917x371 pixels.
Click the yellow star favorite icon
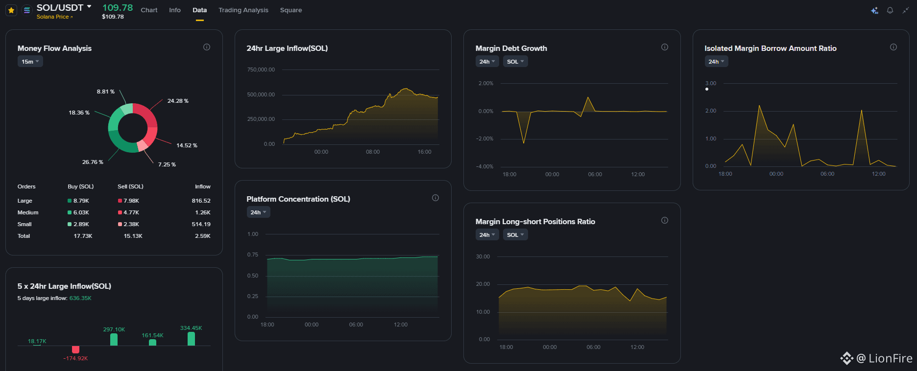pos(11,10)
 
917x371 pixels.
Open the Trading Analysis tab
pos(243,10)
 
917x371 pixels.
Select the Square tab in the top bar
pos(291,10)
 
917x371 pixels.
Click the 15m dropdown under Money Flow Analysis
pos(30,62)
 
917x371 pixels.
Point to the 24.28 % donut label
pos(178,101)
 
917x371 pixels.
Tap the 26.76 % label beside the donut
pos(93,162)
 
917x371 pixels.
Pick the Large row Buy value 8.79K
pos(81,201)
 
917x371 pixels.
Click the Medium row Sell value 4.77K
pos(131,212)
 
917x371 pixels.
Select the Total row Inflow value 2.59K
pos(203,236)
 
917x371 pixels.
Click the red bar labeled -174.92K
pos(75,349)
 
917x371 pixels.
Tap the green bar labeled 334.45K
pos(191,339)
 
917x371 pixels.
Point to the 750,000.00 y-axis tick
pos(261,70)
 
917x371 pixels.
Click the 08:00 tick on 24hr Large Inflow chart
pos(373,152)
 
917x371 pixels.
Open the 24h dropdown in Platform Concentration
pos(259,212)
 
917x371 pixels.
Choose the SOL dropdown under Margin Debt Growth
pos(515,62)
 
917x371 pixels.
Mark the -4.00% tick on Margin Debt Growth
pos(484,166)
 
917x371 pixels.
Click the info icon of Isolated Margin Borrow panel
pos(893,47)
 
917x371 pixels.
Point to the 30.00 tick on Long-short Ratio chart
pos(483,256)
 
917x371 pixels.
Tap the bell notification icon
pos(890,10)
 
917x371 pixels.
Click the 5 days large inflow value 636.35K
pos(80,298)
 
